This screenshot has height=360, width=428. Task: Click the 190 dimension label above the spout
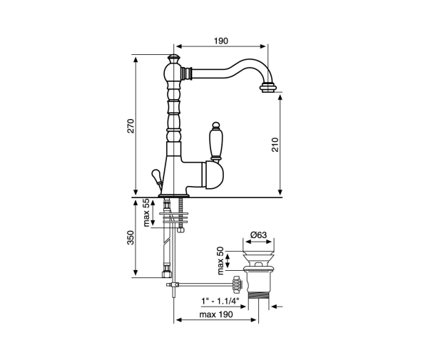point(220,41)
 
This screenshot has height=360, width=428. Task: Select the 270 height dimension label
point(131,125)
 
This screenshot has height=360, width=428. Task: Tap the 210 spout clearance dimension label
point(275,145)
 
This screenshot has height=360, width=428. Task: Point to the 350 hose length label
point(131,237)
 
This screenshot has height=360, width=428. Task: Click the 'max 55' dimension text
point(146,212)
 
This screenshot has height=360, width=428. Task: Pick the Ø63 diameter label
point(258,235)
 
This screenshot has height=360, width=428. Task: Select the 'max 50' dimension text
point(220,260)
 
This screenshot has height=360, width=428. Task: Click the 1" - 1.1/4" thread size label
point(220,301)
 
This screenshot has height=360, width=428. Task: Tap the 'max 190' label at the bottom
point(216,314)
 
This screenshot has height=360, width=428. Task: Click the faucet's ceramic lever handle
point(215,142)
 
